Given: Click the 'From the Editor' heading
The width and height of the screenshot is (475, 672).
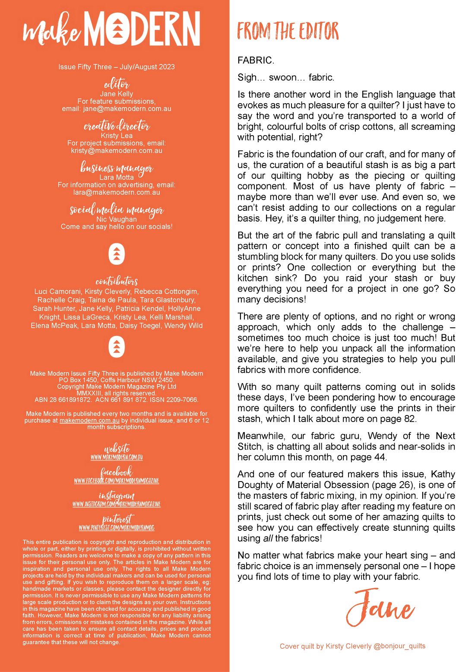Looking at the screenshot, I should pos(288,31).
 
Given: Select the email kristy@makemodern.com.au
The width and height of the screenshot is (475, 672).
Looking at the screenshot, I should pos(117,151).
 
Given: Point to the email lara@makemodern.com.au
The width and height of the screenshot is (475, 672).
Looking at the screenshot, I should pos(117,193).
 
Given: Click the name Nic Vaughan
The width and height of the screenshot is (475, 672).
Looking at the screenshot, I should pos(117,219).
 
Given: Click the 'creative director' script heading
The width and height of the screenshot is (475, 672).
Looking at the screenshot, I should pos(117,126).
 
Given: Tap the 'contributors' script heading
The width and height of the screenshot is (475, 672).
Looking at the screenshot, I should pos(117,281).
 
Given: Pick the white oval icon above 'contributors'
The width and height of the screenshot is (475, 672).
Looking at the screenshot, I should pos(117,254).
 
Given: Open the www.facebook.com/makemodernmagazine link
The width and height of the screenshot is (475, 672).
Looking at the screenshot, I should pos(117,481).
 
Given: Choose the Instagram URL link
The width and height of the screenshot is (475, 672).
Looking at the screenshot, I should pos(117,504).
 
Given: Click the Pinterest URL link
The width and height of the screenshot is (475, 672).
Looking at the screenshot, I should pos(117,527).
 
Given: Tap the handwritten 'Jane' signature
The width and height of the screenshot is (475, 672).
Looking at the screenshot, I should pos(380,607).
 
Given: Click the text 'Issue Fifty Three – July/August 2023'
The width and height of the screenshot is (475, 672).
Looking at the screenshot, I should pos(117,67).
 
